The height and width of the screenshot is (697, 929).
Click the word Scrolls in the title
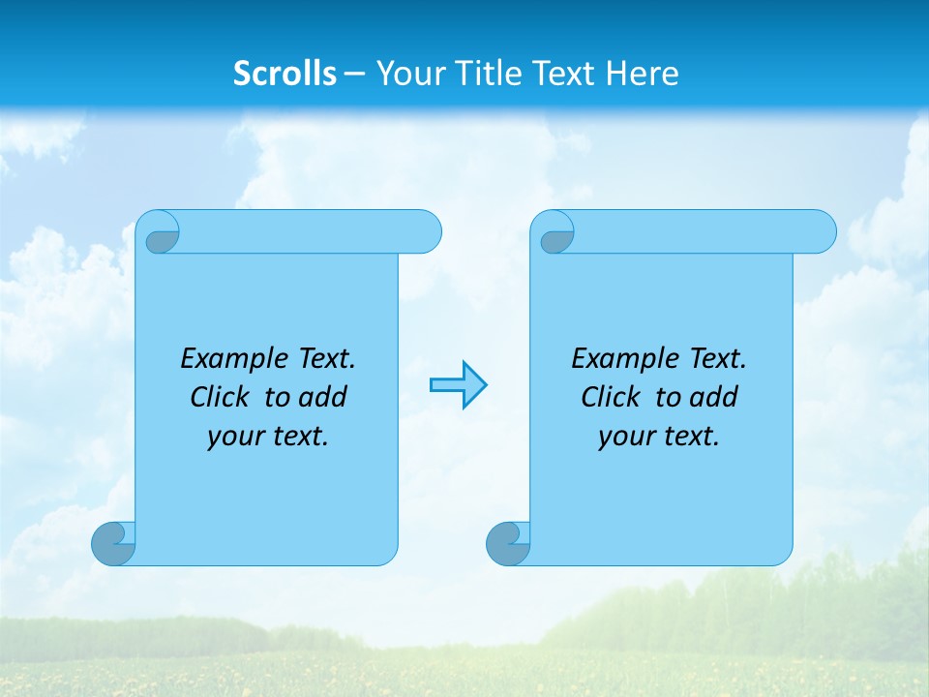coord(285,74)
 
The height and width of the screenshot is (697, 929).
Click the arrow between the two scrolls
coord(458,385)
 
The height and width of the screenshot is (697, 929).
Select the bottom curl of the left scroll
coord(113,544)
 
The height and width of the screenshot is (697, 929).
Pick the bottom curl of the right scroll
coord(508,544)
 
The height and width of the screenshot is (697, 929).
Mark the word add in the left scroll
coord(322,397)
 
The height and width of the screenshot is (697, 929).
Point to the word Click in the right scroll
coord(610,397)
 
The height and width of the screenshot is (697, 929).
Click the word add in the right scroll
coord(713,397)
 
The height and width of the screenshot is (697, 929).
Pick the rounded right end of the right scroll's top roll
coord(819,231)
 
